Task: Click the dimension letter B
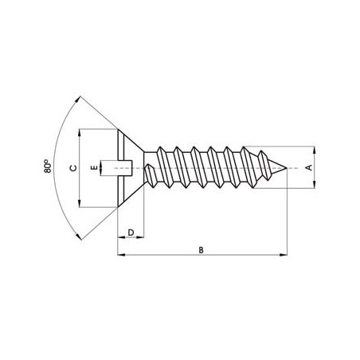pos(202,248)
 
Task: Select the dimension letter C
pos(72,168)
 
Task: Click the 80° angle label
pos(49,168)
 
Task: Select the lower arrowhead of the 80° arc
pos(78,237)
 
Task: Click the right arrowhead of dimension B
pos(284,256)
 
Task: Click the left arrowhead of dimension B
pos(119,256)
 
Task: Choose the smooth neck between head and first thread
pos(149,168)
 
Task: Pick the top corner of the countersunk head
pos(118,131)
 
